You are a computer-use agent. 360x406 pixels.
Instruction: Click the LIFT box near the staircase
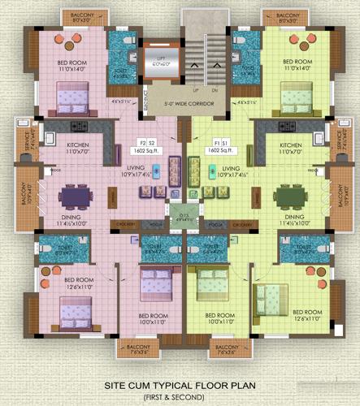click(x=159, y=63)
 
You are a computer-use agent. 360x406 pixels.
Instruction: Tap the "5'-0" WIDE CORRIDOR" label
click(x=180, y=104)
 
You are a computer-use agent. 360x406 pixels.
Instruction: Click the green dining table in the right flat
click(x=288, y=197)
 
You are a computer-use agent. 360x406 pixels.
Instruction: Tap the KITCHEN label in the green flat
click(x=290, y=146)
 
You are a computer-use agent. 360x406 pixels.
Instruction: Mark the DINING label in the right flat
click(x=293, y=217)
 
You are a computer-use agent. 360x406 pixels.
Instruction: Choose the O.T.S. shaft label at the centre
click(x=180, y=214)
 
